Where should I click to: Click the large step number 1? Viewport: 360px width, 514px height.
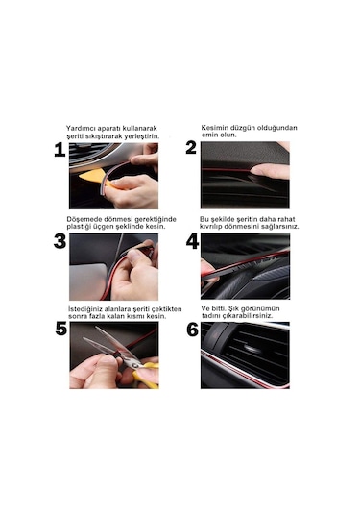(x=60, y=150)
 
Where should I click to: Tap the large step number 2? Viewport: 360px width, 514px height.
(x=191, y=148)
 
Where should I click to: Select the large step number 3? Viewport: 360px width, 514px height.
(x=60, y=241)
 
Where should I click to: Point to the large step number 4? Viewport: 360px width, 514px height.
(x=192, y=242)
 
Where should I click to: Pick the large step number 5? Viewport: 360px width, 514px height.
(x=61, y=329)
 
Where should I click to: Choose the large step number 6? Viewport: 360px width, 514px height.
(x=193, y=330)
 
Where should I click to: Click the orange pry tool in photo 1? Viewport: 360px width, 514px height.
(x=93, y=179)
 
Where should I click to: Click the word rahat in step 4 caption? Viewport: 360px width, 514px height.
(x=286, y=219)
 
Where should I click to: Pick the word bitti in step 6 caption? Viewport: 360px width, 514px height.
(x=219, y=308)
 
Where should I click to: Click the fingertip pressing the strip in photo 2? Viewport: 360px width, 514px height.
(x=258, y=170)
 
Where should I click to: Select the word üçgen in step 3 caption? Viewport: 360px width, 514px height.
(x=104, y=227)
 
